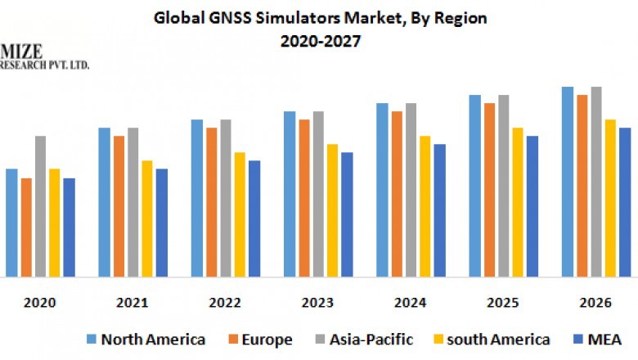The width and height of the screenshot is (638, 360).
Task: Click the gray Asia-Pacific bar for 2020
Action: click(x=40, y=206)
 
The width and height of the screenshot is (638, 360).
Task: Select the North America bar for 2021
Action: click(x=104, y=202)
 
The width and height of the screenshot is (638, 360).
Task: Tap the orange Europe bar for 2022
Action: click(x=211, y=202)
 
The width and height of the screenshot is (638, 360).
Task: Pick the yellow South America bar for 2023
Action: click(x=332, y=210)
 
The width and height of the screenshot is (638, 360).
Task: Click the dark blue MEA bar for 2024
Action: click(x=439, y=210)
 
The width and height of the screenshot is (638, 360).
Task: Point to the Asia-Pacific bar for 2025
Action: click(x=503, y=186)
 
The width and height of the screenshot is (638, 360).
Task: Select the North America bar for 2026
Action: click(x=567, y=182)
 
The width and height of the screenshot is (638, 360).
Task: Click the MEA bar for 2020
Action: click(x=69, y=227)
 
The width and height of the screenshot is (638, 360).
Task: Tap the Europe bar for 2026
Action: click(x=582, y=186)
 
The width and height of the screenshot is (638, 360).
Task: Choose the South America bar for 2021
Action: click(x=147, y=218)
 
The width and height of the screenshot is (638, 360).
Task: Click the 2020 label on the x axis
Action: click(x=40, y=303)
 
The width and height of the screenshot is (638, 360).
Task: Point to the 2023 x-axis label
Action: click(x=318, y=303)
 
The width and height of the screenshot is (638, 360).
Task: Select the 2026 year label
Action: click(x=595, y=303)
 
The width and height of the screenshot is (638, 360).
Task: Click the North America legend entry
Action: click(x=145, y=339)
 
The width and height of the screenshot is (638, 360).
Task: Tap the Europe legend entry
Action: click(x=261, y=339)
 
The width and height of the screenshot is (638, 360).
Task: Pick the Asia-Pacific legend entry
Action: click(x=367, y=339)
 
